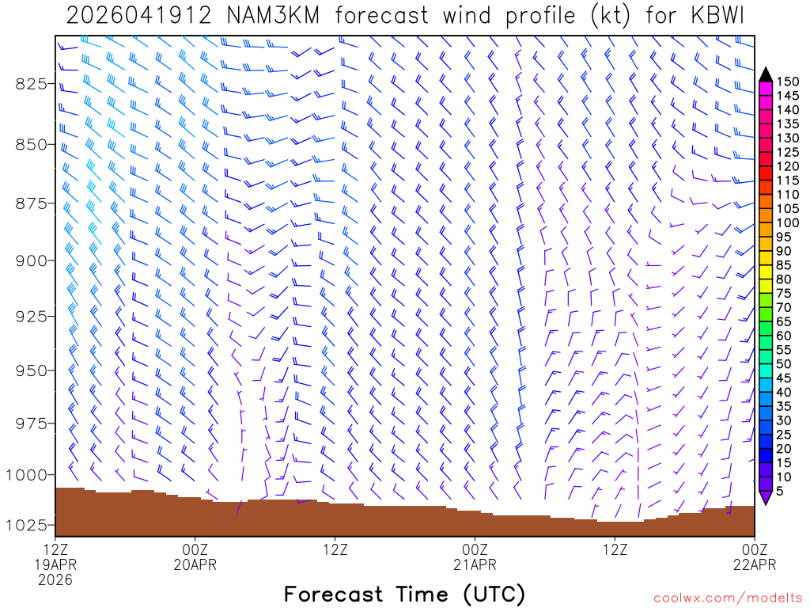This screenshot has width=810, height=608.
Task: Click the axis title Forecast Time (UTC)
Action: pyautogui.click(x=404, y=594)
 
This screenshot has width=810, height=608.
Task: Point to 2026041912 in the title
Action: pyautogui.click(x=138, y=17)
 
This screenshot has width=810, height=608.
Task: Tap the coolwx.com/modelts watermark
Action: pyautogui.click(x=726, y=597)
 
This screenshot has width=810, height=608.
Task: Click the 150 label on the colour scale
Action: pyautogui.click(x=788, y=82)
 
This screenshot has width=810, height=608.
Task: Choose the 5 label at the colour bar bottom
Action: pyautogui.click(x=782, y=490)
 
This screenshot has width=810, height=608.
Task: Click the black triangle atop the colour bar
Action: pyautogui.click(x=766, y=74)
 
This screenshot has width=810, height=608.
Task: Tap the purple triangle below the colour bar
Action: pyautogui.click(x=766, y=497)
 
